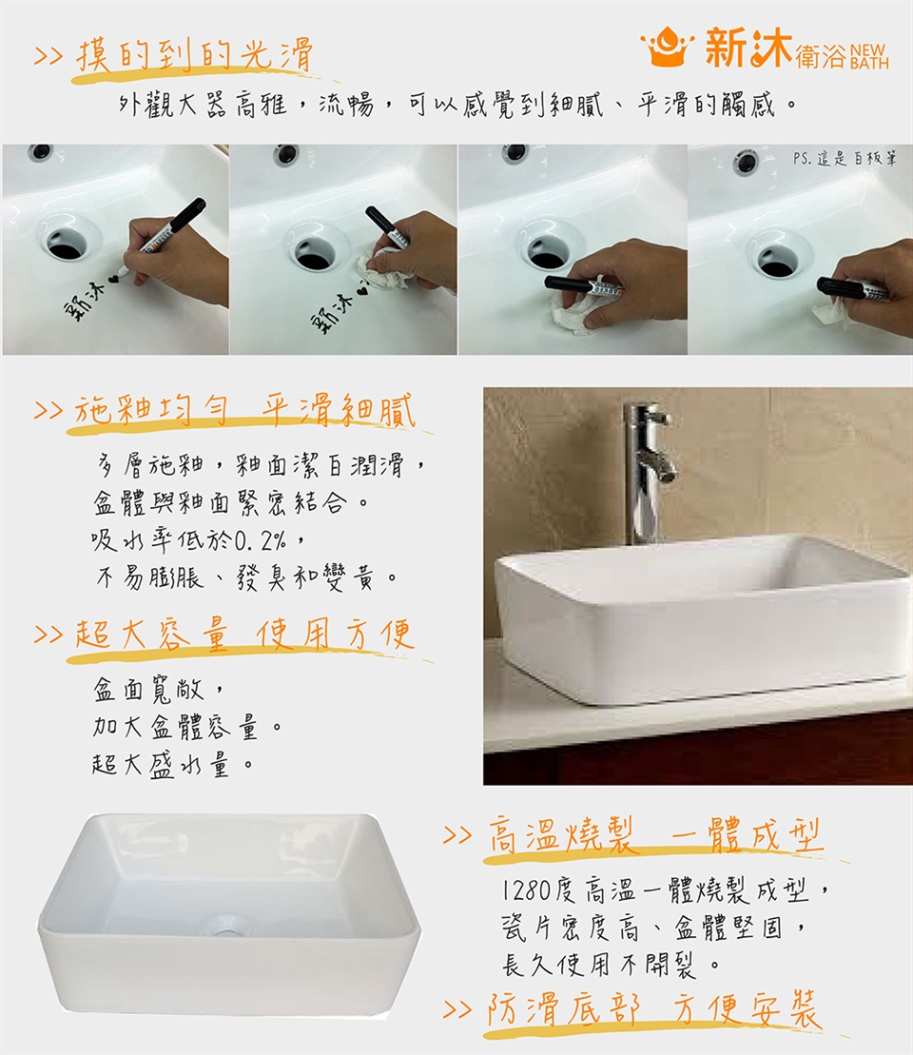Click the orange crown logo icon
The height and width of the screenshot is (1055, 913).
(667, 47)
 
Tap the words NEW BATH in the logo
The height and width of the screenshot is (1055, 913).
(869, 57)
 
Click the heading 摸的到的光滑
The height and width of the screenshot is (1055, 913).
(194, 54)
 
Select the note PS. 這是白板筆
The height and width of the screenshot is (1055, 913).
(845, 159)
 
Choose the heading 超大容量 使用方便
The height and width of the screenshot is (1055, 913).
(244, 635)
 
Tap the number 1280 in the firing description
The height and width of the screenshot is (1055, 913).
(527, 890)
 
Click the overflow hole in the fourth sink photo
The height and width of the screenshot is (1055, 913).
(745, 162)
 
